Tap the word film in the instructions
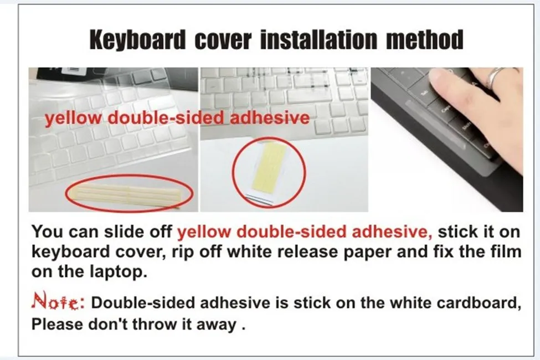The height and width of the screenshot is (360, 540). click(506, 252)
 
